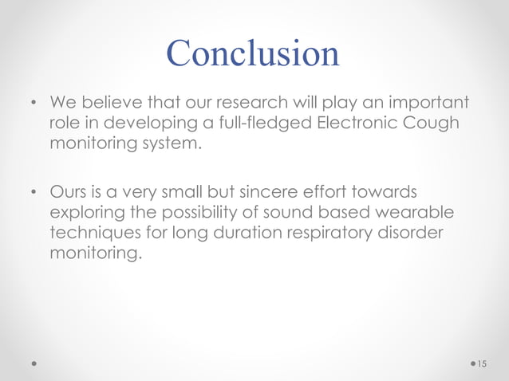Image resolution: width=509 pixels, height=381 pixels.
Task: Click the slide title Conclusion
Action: coord(254,53)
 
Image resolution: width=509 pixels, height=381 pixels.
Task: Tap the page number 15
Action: coord(481,363)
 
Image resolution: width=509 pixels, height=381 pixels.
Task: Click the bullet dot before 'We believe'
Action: coord(34,104)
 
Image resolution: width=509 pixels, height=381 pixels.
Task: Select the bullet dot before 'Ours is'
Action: coord(34,193)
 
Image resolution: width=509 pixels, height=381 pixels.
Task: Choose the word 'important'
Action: coord(426,104)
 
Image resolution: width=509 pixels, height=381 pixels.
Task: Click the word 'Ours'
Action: coord(71,193)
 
